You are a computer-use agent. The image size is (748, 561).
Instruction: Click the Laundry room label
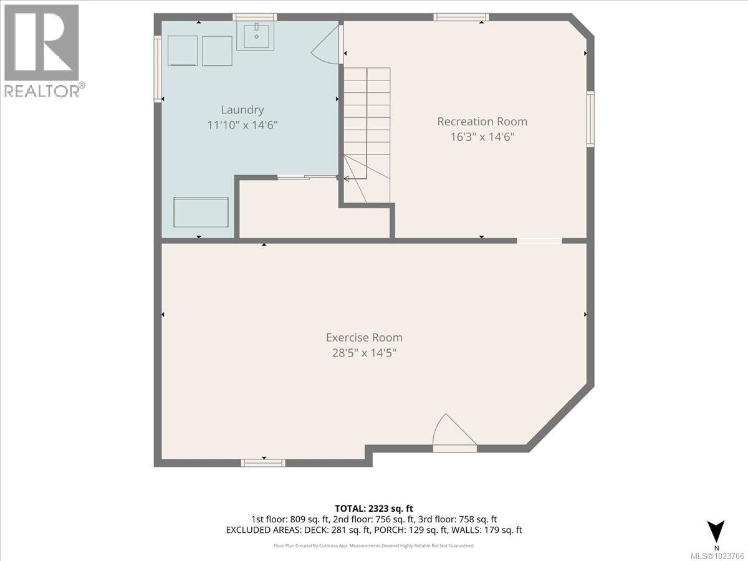(242, 110)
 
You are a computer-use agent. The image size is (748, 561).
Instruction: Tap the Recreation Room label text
(482, 122)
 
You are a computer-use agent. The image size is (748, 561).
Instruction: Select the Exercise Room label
(364, 337)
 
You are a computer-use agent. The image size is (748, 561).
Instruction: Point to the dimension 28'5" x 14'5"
(364, 353)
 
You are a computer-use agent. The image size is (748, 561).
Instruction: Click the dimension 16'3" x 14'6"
(482, 137)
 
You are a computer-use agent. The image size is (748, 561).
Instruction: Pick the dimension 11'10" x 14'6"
(242, 125)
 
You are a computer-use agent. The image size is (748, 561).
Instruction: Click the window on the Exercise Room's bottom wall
(263, 463)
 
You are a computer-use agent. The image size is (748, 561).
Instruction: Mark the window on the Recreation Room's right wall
(590, 119)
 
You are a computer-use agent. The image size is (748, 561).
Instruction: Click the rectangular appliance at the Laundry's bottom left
(201, 213)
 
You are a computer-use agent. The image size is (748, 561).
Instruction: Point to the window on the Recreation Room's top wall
(461, 17)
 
